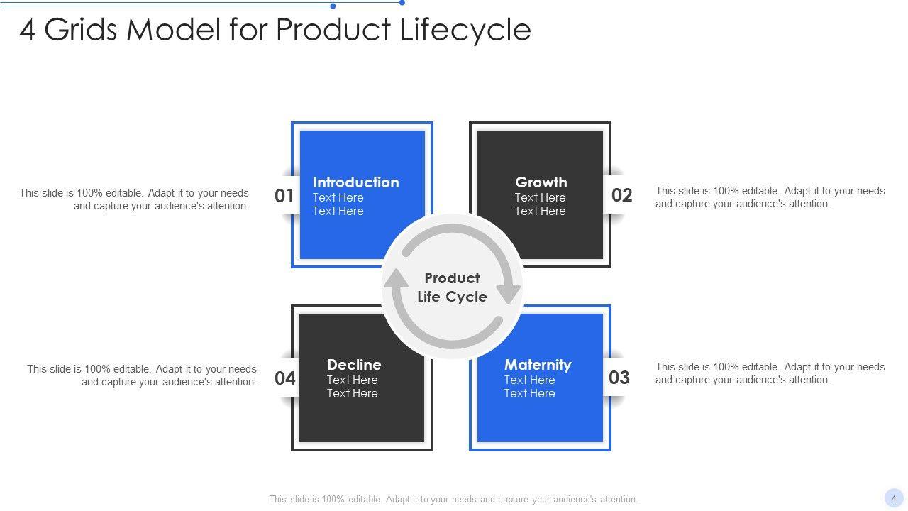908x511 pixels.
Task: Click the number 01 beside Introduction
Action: pyautogui.click(x=284, y=195)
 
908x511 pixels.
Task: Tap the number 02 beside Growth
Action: pyautogui.click(x=621, y=195)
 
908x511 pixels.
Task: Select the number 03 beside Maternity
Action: pyautogui.click(x=619, y=378)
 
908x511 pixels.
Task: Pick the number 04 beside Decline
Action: pyautogui.click(x=285, y=378)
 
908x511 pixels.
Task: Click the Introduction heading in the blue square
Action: pyautogui.click(x=355, y=182)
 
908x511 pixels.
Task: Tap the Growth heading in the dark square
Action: pyautogui.click(x=541, y=182)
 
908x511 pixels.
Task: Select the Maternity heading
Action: pyautogui.click(x=537, y=365)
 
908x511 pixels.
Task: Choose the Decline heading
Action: pyautogui.click(x=354, y=365)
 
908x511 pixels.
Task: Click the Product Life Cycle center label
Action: pyautogui.click(x=452, y=287)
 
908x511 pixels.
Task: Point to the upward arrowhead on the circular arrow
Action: pyautogui.click(x=396, y=279)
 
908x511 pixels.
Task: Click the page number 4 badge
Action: pyautogui.click(x=894, y=498)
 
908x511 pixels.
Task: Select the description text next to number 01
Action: pyautogui.click(x=134, y=199)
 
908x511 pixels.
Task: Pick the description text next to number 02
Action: pyautogui.click(x=770, y=197)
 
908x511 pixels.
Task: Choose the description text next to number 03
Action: pyautogui.click(x=770, y=373)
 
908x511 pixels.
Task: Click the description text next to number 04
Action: pyautogui.click(x=142, y=375)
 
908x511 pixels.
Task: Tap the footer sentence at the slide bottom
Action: pyautogui.click(x=453, y=499)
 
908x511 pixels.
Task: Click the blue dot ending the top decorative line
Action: pyautogui.click(x=402, y=3)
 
